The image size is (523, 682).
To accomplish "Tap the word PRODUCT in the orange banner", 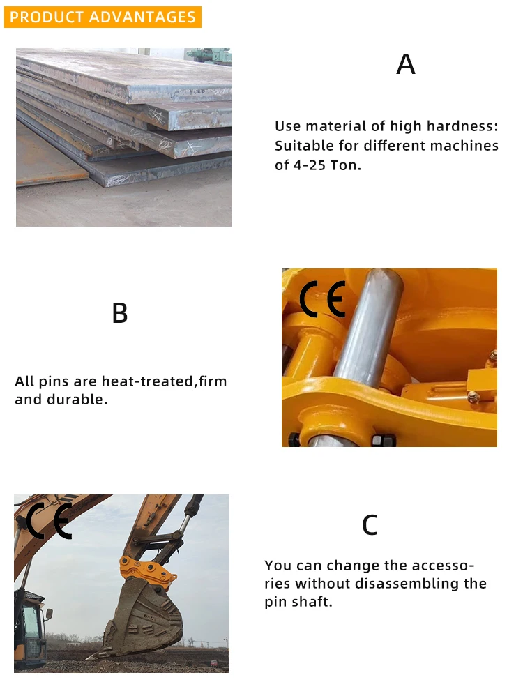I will click(x=46, y=17).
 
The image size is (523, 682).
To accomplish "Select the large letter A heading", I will click(x=405, y=64).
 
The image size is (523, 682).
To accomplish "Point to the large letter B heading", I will click(x=120, y=313).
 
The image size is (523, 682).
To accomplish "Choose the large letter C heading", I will click(x=370, y=525).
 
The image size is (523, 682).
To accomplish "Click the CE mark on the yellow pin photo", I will click(x=323, y=300).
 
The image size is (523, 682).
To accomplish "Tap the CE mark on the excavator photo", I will click(x=49, y=521).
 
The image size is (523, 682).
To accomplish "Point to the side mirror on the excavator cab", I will click(x=48, y=614).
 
